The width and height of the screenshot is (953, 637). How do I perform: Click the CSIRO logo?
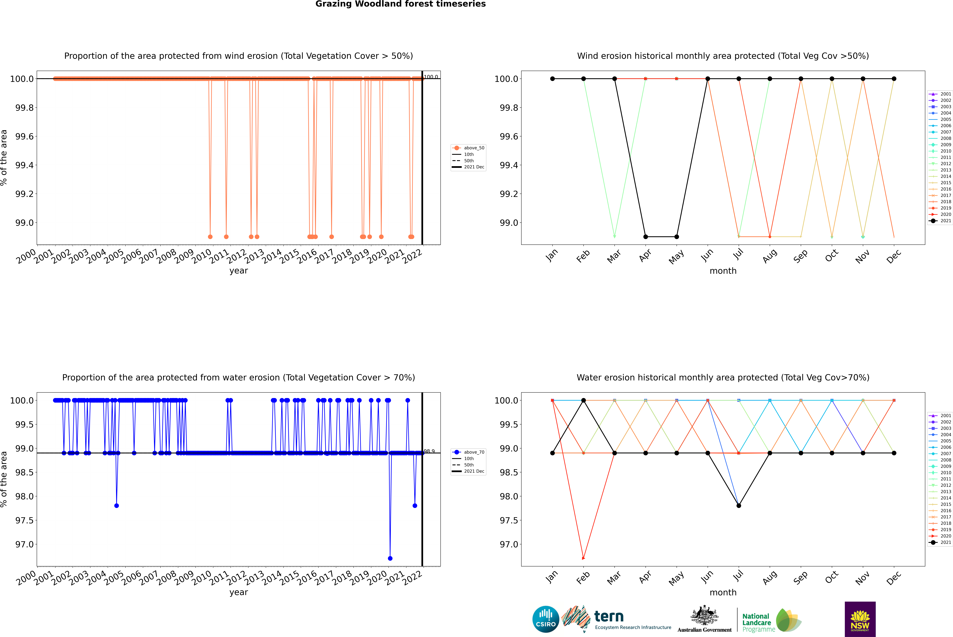(546, 619)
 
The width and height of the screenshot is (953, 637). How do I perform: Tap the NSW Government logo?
(860, 619)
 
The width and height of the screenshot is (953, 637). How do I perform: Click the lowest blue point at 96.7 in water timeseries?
(390, 558)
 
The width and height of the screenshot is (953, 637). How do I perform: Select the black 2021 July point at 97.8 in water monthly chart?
(738, 505)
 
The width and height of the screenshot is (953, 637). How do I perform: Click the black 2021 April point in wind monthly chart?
(646, 236)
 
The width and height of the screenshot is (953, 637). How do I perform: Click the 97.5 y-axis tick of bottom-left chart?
(24, 520)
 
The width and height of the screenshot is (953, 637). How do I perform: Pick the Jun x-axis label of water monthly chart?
(707, 577)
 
